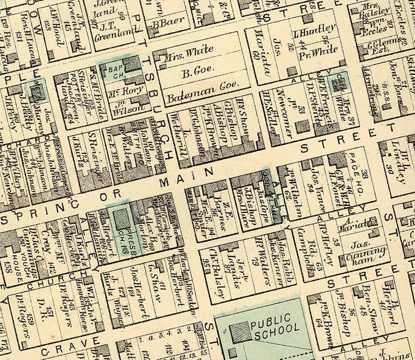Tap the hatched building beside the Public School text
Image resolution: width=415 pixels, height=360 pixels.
[x=240, y=332]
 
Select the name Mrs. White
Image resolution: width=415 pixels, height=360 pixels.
[x=190, y=50]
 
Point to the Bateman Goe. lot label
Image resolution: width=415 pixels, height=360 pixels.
[x=202, y=84]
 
